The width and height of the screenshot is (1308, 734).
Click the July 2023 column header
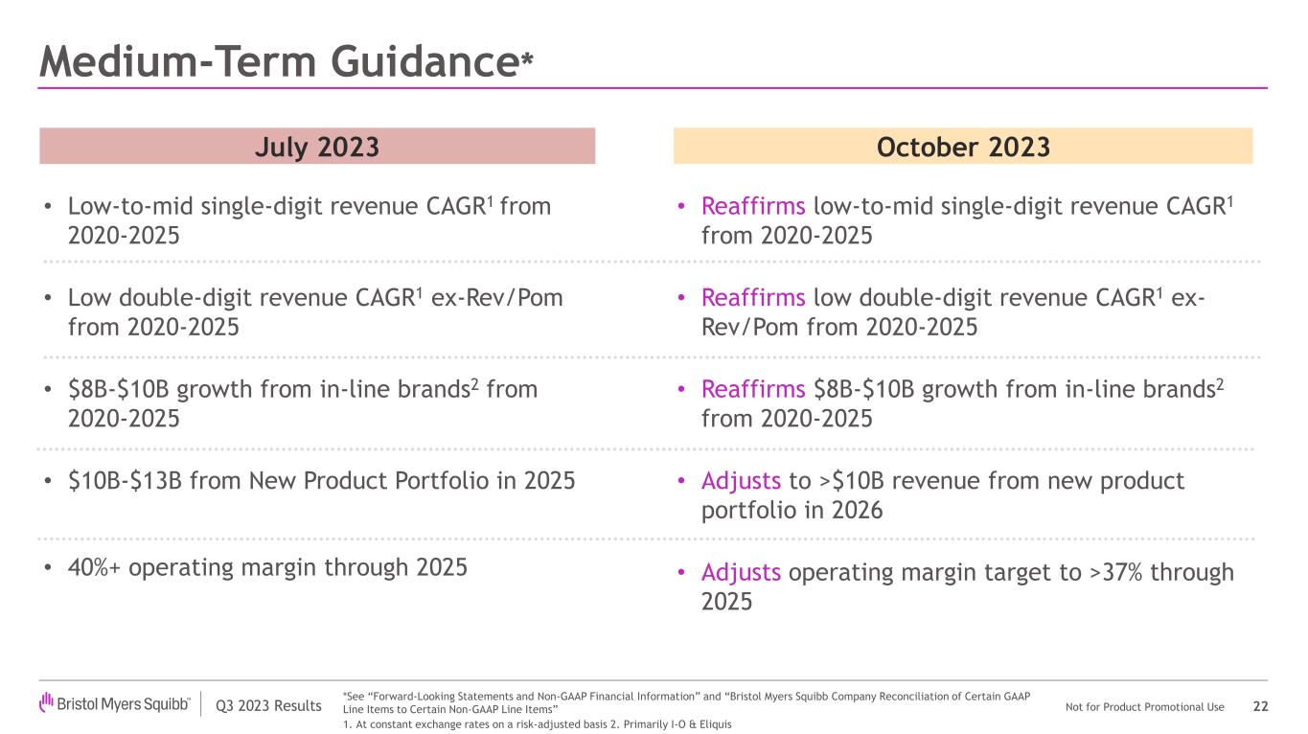point(316,147)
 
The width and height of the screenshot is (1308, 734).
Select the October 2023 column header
point(962,147)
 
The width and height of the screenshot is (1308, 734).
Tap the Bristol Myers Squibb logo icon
point(46,704)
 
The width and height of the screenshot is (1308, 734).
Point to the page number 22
point(1260,707)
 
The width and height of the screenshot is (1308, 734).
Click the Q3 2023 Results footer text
point(268,707)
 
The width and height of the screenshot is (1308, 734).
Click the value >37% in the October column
point(1117,573)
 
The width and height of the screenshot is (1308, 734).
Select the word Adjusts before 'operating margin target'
point(741,573)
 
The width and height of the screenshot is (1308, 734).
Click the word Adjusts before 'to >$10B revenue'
point(741,481)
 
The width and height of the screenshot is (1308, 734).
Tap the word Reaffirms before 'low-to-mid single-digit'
point(753,207)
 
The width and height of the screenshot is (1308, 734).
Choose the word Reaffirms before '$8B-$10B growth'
point(753,390)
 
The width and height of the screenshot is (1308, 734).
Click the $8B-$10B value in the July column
point(119,390)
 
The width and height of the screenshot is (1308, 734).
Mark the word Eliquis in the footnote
point(715,724)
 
